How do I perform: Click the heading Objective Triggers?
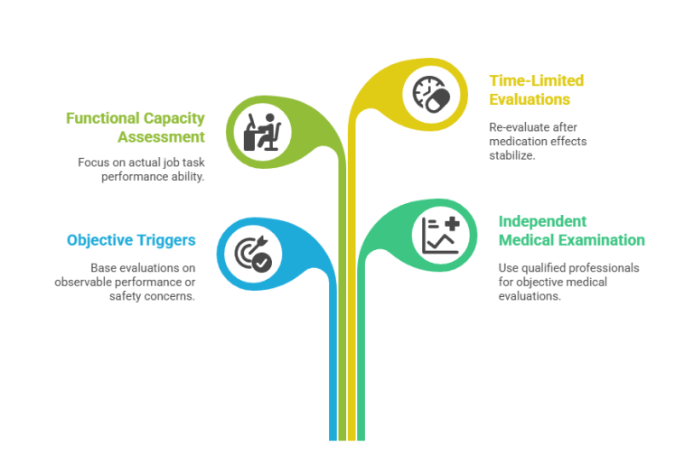(x=131, y=240)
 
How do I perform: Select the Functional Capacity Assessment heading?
(x=136, y=127)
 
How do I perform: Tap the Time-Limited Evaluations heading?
(x=537, y=89)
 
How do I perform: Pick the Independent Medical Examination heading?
(x=571, y=230)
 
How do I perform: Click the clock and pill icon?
(x=432, y=94)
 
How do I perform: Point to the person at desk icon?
(x=262, y=132)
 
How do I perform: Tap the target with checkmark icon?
(x=253, y=254)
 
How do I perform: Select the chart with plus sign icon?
(x=441, y=236)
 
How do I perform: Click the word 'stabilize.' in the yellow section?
(x=512, y=155)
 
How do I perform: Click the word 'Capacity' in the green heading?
(x=173, y=118)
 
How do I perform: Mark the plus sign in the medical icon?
(x=452, y=224)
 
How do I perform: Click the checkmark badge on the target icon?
(x=262, y=263)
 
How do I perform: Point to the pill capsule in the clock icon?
(x=437, y=100)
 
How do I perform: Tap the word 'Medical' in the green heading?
(x=525, y=240)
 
